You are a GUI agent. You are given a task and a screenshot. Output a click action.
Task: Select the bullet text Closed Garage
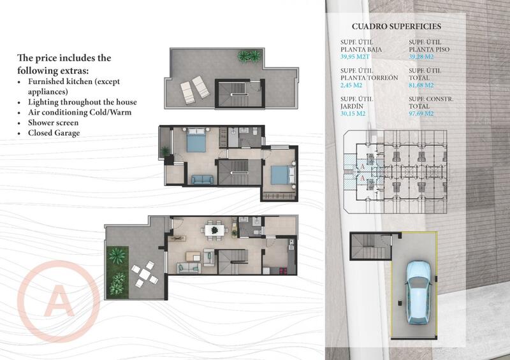[54, 133]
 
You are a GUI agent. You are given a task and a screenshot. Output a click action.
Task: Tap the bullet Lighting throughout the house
[82, 102]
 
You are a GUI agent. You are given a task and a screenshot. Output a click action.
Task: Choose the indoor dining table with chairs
[213, 229]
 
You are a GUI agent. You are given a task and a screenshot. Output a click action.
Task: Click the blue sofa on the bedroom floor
[202, 179]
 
